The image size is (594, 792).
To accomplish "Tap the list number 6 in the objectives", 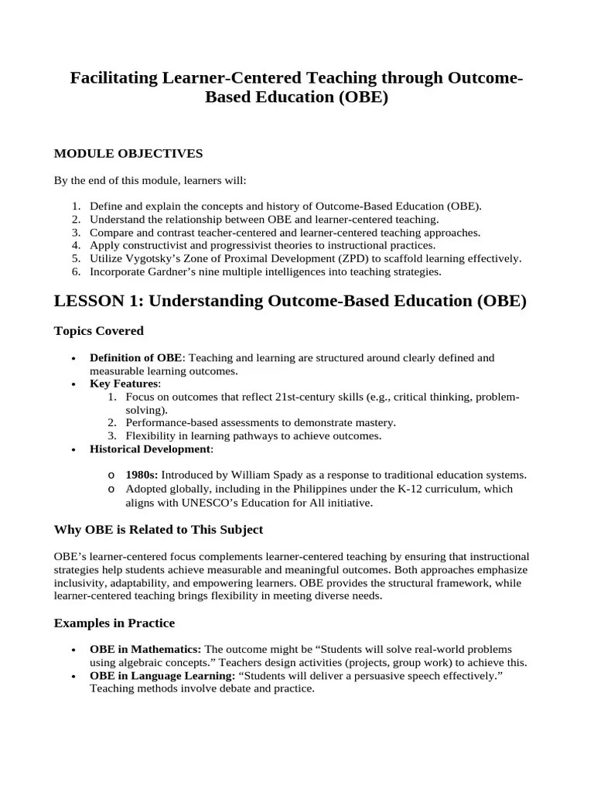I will [x=76, y=271].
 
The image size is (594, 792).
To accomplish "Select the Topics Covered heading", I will [x=98, y=331].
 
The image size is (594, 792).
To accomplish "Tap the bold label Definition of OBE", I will [x=136, y=358].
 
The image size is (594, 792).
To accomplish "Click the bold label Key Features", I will [x=124, y=384].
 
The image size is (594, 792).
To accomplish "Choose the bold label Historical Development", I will [x=149, y=449].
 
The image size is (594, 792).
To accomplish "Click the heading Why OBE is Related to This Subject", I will [x=159, y=530].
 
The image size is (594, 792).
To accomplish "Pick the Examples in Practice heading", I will [x=114, y=623].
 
